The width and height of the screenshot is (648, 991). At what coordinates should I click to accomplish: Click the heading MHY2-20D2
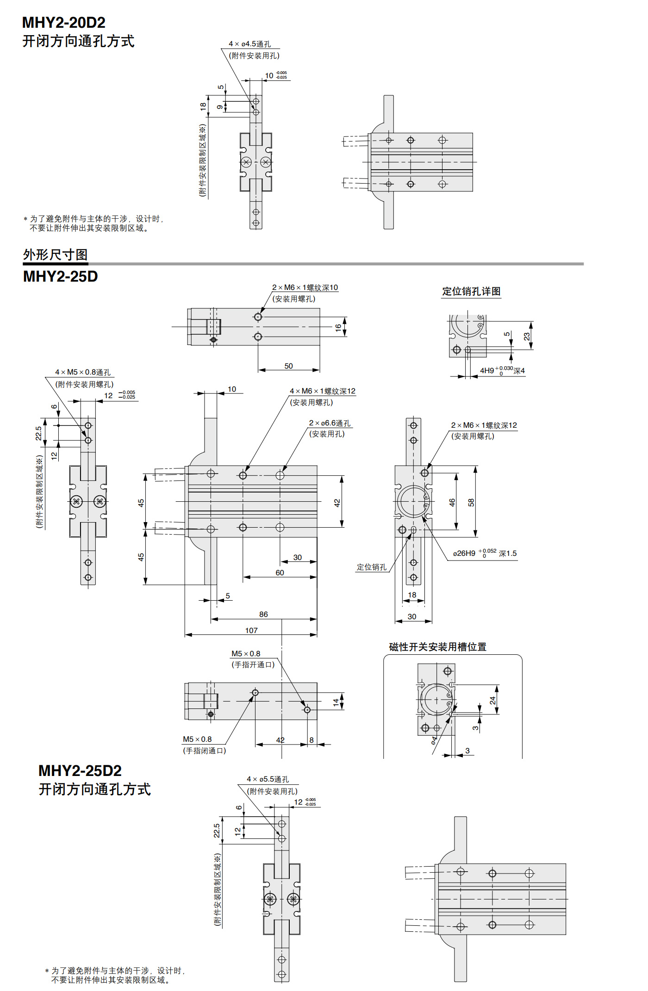[x=64, y=22]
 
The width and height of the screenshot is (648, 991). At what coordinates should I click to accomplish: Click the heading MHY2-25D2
[x=80, y=770]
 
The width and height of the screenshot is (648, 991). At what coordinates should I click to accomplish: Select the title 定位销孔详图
[x=471, y=291]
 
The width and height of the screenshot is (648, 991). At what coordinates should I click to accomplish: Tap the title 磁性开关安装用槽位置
[x=437, y=646]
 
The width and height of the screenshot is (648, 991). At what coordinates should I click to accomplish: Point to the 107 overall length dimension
[x=251, y=630]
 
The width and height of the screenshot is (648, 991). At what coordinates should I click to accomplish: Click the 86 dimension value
[x=263, y=614]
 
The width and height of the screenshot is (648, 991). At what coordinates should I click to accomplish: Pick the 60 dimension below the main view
[x=280, y=572]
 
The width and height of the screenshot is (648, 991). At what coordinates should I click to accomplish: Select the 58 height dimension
[x=471, y=502]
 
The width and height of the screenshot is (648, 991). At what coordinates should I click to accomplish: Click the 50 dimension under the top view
[x=288, y=366]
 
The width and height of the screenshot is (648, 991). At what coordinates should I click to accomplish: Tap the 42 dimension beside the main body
[x=337, y=503]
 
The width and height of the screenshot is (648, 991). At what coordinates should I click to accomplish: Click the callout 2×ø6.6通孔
[x=330, y=423]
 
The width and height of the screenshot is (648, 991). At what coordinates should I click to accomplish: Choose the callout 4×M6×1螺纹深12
[x=323, y=391]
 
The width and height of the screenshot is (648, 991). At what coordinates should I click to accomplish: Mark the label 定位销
[x=371, y=567]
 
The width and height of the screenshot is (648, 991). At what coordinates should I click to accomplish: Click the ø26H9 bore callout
[x=485, y=553]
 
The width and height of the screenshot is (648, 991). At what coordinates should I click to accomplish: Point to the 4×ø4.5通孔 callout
[x=250, y=44]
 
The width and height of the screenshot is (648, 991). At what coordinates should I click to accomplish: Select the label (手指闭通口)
[x=205, y=751]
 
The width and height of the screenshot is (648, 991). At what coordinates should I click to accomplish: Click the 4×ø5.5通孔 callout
[x=268, y=779]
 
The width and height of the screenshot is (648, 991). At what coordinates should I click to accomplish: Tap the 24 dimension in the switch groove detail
[x=492, y=701]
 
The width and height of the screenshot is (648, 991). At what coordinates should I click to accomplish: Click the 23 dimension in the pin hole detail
[x=527, y=336]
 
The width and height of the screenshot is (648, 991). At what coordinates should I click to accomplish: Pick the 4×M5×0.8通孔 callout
[x=83, y=372]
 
